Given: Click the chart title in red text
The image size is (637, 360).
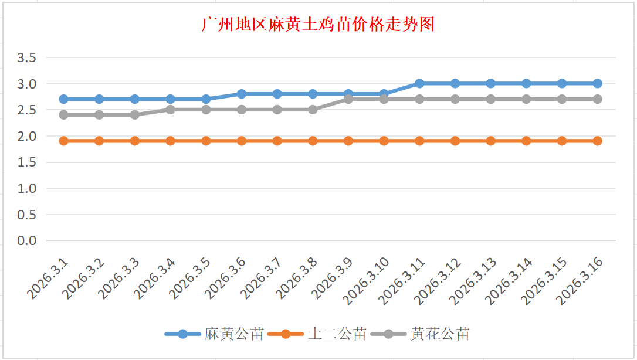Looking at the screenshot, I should coord(318,25).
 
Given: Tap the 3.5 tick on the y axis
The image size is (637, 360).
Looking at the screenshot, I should coord(27,57).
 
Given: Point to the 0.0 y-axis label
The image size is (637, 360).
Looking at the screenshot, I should coord(27,240).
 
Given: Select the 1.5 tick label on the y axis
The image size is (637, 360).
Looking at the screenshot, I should coord(27,162).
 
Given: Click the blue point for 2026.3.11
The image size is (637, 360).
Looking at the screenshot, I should coord(419,83).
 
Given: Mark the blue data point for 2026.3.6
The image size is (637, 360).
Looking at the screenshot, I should coord(242,94).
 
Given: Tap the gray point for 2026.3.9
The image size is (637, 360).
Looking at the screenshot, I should coord(348,99).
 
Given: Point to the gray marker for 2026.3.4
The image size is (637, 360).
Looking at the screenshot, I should coord(170,110).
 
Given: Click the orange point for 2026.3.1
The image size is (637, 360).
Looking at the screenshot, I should coord(63,141).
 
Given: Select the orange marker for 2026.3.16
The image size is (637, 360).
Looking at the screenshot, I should coord(597,141).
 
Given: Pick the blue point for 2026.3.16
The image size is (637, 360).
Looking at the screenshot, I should coord(597,83).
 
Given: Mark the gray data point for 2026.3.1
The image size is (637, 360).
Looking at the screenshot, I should coord(63,115).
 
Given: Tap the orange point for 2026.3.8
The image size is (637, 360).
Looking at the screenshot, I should coord(313,141).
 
